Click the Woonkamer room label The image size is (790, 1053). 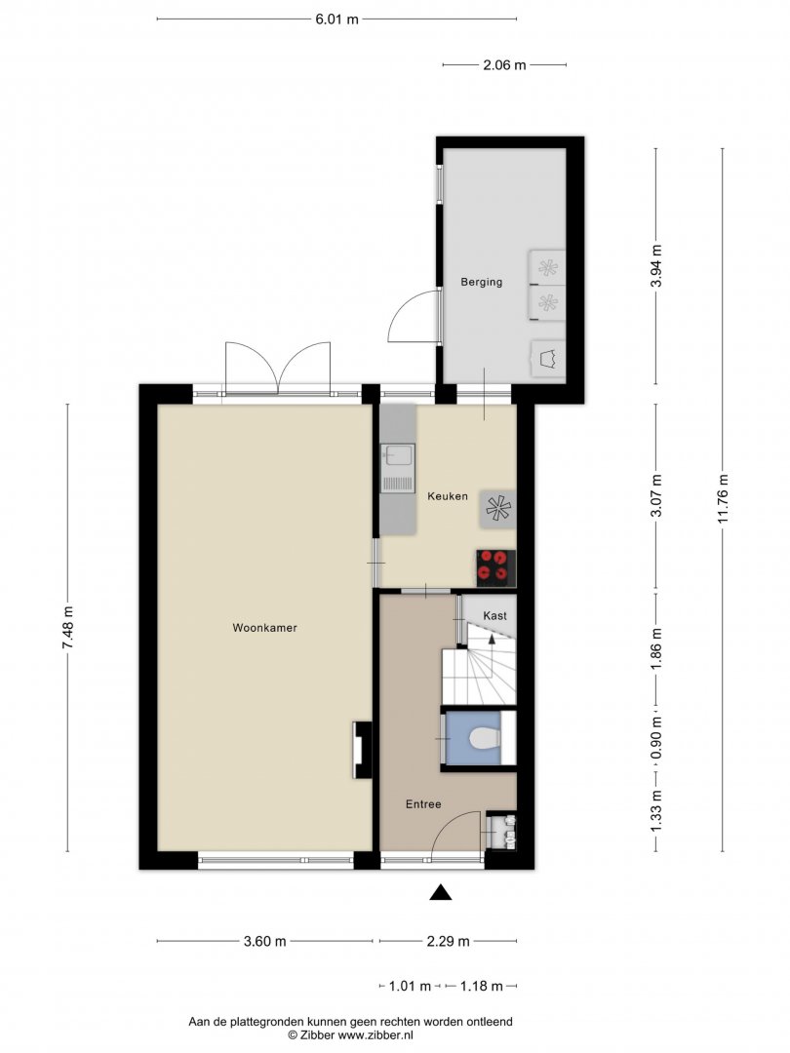click(264, 628)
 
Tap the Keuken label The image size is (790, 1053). click(448, 496)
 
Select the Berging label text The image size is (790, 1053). click(481, 282)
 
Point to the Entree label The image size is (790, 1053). click(423, 803)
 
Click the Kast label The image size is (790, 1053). click(495, 615)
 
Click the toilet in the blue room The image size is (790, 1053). click(483, 739)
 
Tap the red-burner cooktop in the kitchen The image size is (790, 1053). click(496, 565)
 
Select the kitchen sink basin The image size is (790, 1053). click(397, 456)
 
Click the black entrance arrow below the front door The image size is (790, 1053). click(440, 891)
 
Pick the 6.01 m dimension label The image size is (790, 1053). click(336, 19)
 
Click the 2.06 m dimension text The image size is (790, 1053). click(504, 65)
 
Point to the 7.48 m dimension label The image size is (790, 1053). click(68, 627)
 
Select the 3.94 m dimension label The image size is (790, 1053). click(656, 266)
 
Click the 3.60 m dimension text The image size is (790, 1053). click(264, 941)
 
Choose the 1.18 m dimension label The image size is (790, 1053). click(481, 986)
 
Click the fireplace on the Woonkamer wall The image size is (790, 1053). click(362, 750)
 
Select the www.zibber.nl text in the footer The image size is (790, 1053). click(375, 1035)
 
